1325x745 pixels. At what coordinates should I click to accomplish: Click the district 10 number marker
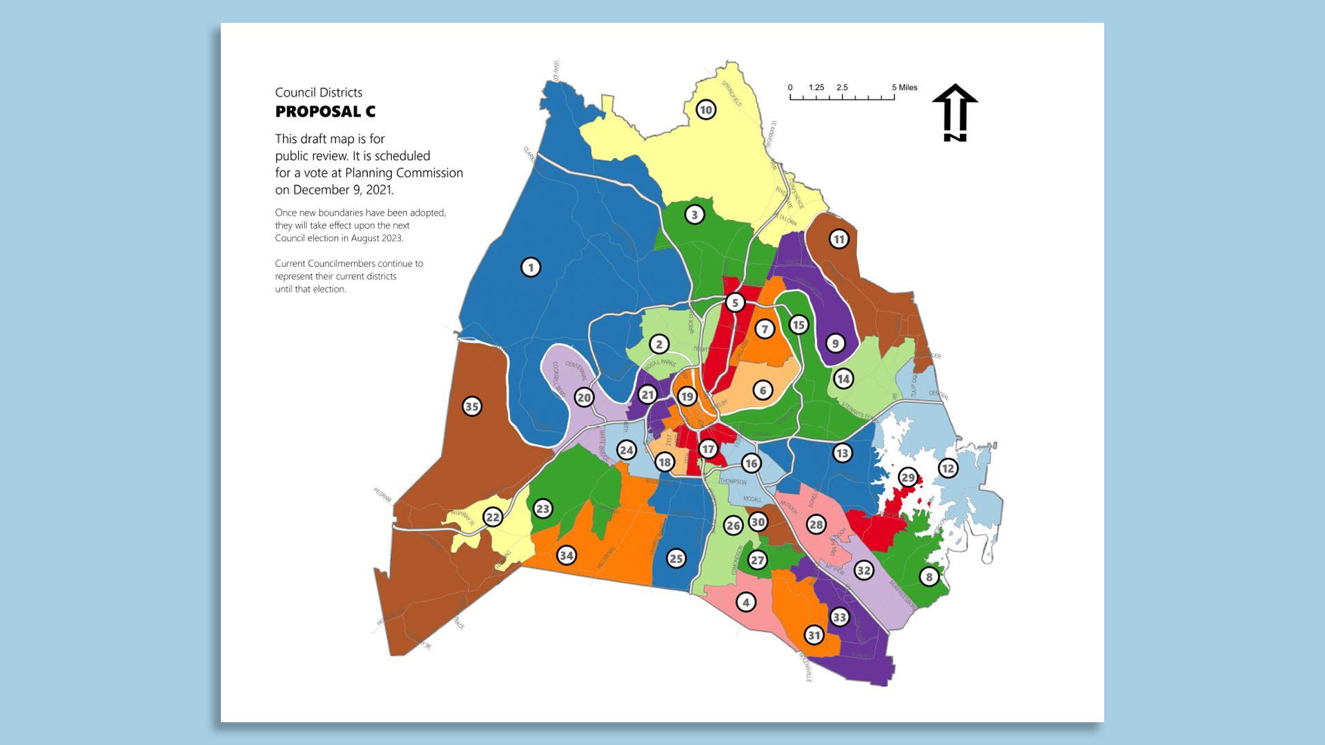705,110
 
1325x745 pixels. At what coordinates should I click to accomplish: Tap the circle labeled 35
472,406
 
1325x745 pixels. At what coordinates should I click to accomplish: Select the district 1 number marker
531,267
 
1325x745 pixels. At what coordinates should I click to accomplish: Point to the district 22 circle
493,517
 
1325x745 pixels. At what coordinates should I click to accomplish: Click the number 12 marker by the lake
948,468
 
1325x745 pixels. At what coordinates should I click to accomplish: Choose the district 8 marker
929,577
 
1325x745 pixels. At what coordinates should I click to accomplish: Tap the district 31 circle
814,635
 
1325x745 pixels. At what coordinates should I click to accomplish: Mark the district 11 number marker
838,239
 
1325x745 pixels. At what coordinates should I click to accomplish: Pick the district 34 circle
566,555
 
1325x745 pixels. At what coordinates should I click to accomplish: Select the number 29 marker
908,477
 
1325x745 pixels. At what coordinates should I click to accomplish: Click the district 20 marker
585,397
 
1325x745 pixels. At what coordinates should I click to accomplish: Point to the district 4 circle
745,602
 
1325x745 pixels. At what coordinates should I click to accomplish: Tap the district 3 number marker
695,215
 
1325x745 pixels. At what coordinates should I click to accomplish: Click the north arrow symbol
955,113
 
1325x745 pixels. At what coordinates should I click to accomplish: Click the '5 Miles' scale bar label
905,88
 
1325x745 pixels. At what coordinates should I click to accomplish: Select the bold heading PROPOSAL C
325,112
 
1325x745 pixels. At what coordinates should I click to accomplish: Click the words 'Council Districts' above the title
318,92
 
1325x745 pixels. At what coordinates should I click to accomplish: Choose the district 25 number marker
676,559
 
